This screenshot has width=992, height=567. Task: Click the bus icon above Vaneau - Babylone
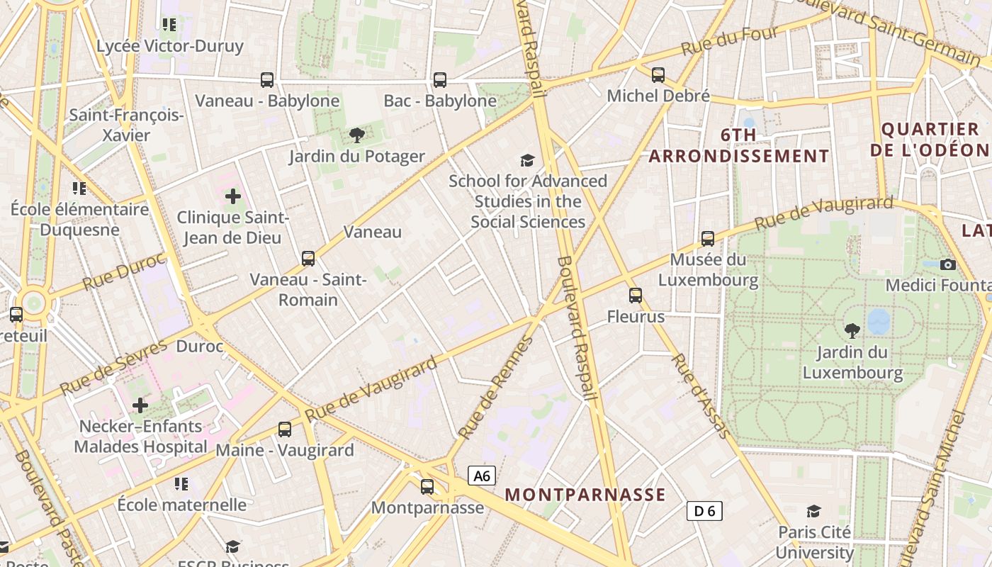coord(267,80)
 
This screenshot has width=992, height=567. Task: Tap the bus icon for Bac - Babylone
coord(440,80)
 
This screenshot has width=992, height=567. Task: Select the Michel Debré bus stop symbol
coord(658,74)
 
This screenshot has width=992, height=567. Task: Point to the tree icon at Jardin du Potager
coord(357,135)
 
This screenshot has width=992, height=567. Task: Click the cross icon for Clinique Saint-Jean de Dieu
coord(232,196)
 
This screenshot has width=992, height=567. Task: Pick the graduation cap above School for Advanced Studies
coord(527,160)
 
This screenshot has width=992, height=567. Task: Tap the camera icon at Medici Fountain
coord(947,264)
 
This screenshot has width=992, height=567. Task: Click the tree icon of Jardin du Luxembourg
coord(852,330)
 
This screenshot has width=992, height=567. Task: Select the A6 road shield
coord(482,476)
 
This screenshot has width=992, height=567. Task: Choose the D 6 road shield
coord(704,510)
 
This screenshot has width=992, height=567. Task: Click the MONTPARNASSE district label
coord(585,495)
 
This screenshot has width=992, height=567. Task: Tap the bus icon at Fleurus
coord(636,296)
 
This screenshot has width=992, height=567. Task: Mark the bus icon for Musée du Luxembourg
coord(707,239)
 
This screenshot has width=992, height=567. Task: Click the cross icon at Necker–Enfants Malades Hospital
coord(140,405)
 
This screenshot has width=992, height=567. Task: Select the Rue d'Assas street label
coord(696,395)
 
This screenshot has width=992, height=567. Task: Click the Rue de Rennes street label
coord(495,388)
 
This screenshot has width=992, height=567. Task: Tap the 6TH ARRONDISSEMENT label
coord(738,145)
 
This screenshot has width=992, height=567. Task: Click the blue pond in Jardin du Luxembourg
coord(879,321)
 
